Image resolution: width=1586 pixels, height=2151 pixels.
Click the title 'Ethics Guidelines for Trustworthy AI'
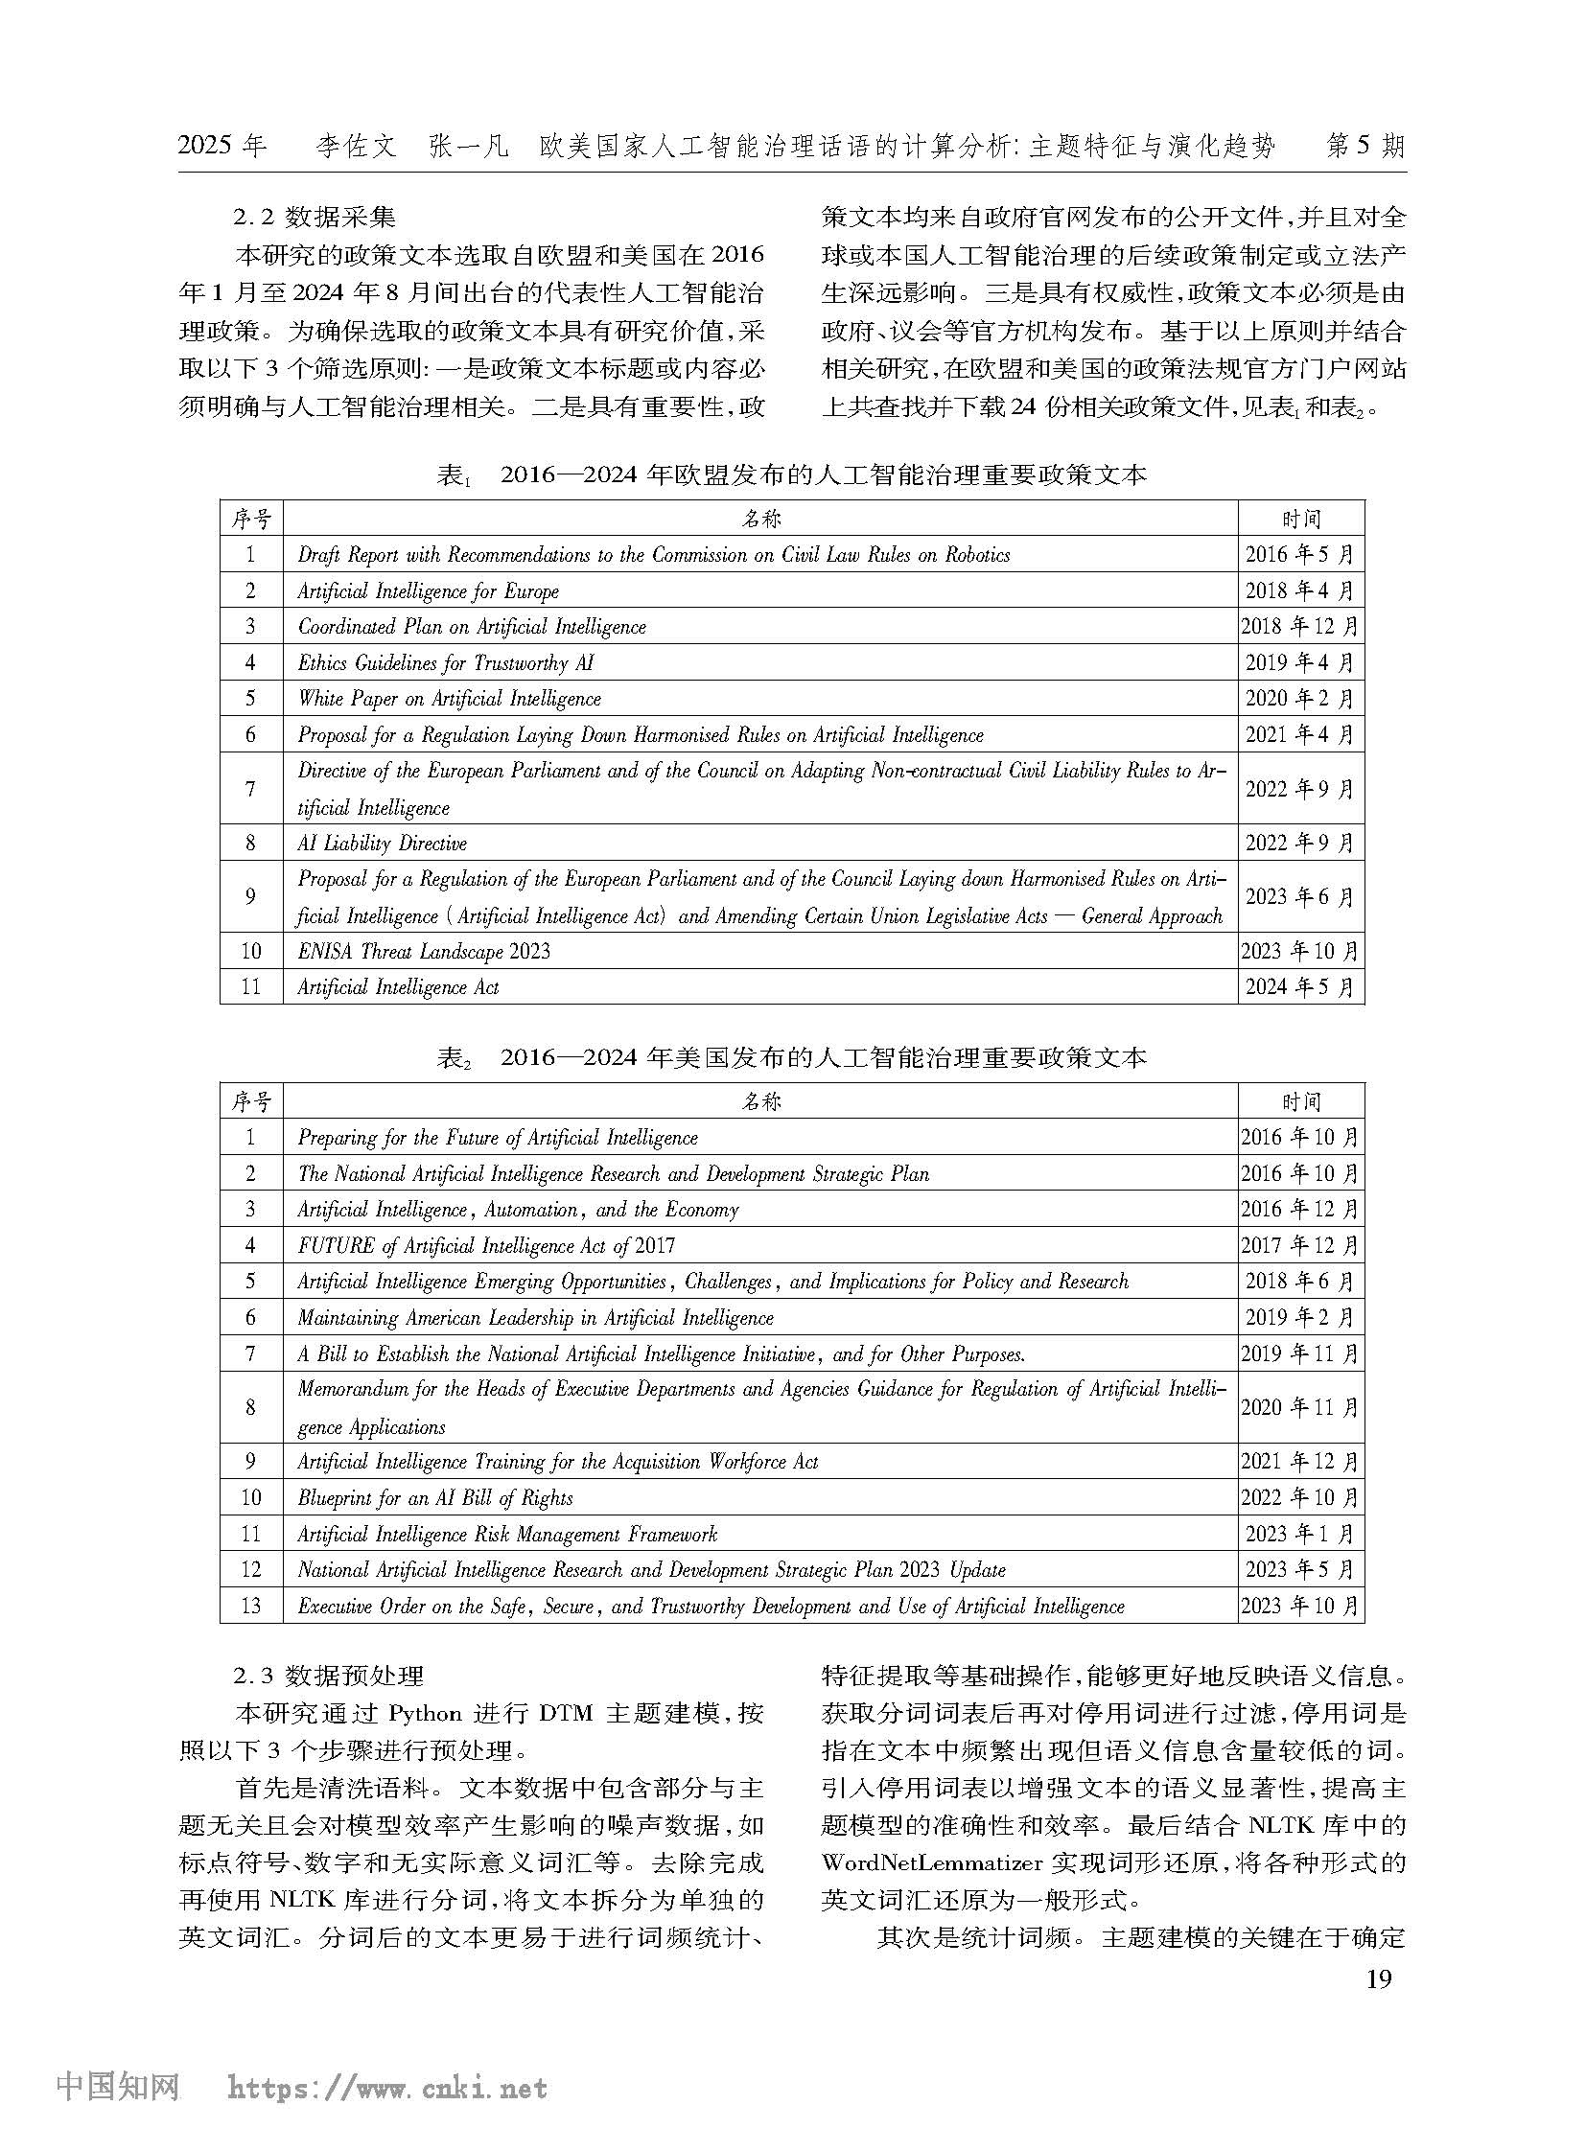(x=446, y=662)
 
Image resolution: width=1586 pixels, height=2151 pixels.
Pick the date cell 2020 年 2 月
(x=1300, y=699)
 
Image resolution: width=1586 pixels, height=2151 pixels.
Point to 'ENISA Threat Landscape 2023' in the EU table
(x=424, y=951)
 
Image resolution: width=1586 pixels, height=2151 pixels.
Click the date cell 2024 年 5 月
(x=1300, y=986)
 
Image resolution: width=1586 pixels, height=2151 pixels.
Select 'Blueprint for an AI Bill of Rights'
(x=435, y=1498)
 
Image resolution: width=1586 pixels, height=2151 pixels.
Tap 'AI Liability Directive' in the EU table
(x=382, y=844)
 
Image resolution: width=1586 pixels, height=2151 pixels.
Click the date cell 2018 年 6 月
(x=1300, y=1282)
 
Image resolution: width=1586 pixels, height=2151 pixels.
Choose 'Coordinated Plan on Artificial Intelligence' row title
(x=472, y=627)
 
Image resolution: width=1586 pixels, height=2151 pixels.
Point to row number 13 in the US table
(x=250, y=1606)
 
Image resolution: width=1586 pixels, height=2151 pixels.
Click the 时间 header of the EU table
(x=1300, y=520)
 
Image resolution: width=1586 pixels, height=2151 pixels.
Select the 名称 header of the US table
(x=760, y=1102)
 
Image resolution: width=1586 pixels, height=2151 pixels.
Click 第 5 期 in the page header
(x=1364, y=146)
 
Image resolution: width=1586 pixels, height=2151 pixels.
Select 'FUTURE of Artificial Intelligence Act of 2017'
(x=486, y=1246)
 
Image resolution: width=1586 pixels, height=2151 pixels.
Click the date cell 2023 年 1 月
(x=1300, y=1534)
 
